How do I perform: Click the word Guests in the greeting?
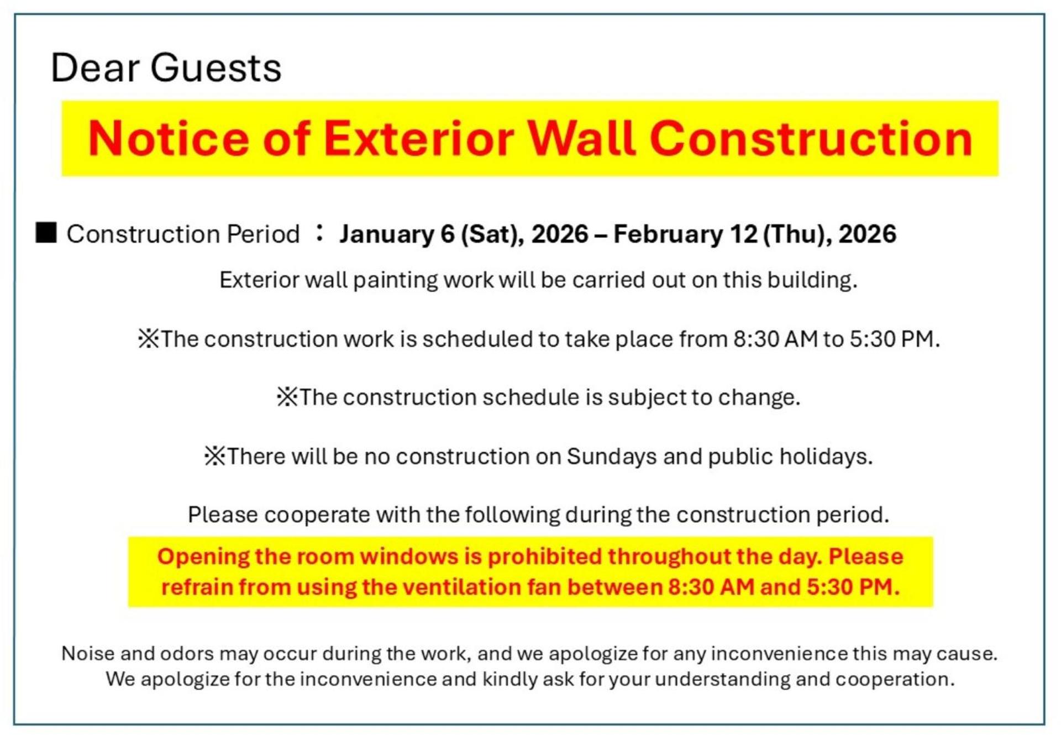tap(216, 67)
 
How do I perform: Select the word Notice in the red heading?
tap(169, 138)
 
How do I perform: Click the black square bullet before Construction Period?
tap(46, 233)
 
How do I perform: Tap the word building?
tap(812, 280)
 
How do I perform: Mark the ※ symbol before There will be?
tap(215, 456)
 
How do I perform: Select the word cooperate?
tap(317, 515)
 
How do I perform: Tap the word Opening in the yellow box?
tap(203, 556)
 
